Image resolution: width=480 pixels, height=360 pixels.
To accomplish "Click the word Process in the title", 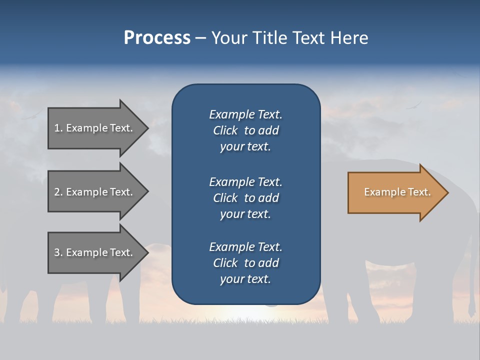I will [x=157, y=38].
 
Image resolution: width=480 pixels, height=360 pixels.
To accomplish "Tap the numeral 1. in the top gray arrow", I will [x=58, y=128].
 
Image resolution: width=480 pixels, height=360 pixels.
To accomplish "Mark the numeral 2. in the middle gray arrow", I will [x=58, y=192].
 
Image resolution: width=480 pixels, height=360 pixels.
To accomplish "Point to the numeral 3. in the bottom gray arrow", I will [x=58, y=252].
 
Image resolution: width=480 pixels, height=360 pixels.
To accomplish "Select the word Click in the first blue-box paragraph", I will [x=225, y=130].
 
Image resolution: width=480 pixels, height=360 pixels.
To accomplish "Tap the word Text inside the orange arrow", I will [x=419, y=192].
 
